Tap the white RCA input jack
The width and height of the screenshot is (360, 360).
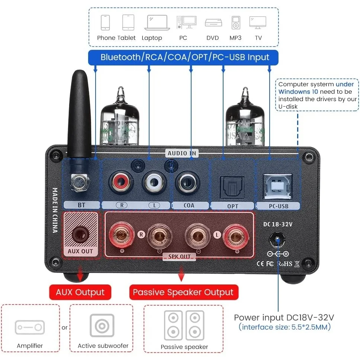154,183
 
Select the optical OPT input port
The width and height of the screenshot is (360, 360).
232,187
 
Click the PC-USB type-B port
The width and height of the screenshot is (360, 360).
277,186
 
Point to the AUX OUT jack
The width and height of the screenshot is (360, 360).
80,234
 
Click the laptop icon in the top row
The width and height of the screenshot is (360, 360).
157,23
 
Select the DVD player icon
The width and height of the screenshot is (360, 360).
213,23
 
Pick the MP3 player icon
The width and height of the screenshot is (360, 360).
235,23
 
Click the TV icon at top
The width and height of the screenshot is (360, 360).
258,23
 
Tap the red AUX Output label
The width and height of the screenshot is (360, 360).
80,292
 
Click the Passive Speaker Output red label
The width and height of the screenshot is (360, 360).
184,292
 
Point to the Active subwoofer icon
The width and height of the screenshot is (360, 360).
102,325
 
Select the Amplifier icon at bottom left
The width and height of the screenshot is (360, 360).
30,327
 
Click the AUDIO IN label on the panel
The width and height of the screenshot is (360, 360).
182,153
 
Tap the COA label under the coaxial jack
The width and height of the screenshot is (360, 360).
189,206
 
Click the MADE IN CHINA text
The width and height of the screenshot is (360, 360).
55,210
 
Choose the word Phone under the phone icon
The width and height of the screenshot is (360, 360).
106,38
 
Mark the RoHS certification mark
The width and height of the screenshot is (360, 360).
285,264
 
